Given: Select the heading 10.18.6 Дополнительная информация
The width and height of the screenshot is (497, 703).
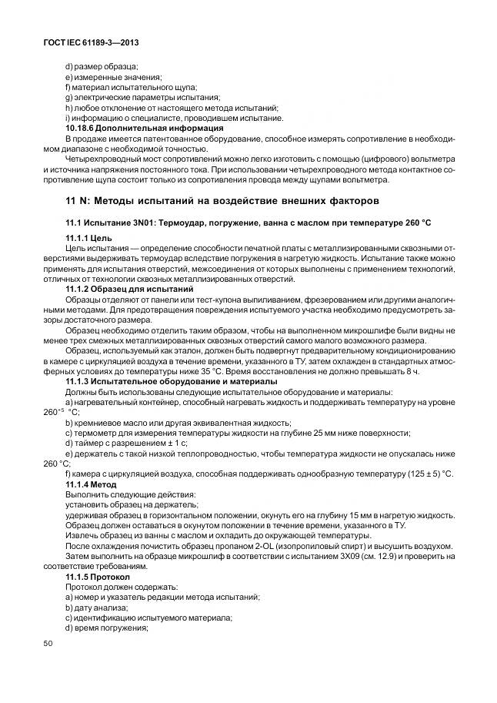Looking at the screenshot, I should coord(144,128).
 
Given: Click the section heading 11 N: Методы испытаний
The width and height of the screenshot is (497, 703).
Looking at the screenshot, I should coord(222,201).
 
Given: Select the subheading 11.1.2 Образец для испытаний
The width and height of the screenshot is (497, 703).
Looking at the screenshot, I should coord(129,288).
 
